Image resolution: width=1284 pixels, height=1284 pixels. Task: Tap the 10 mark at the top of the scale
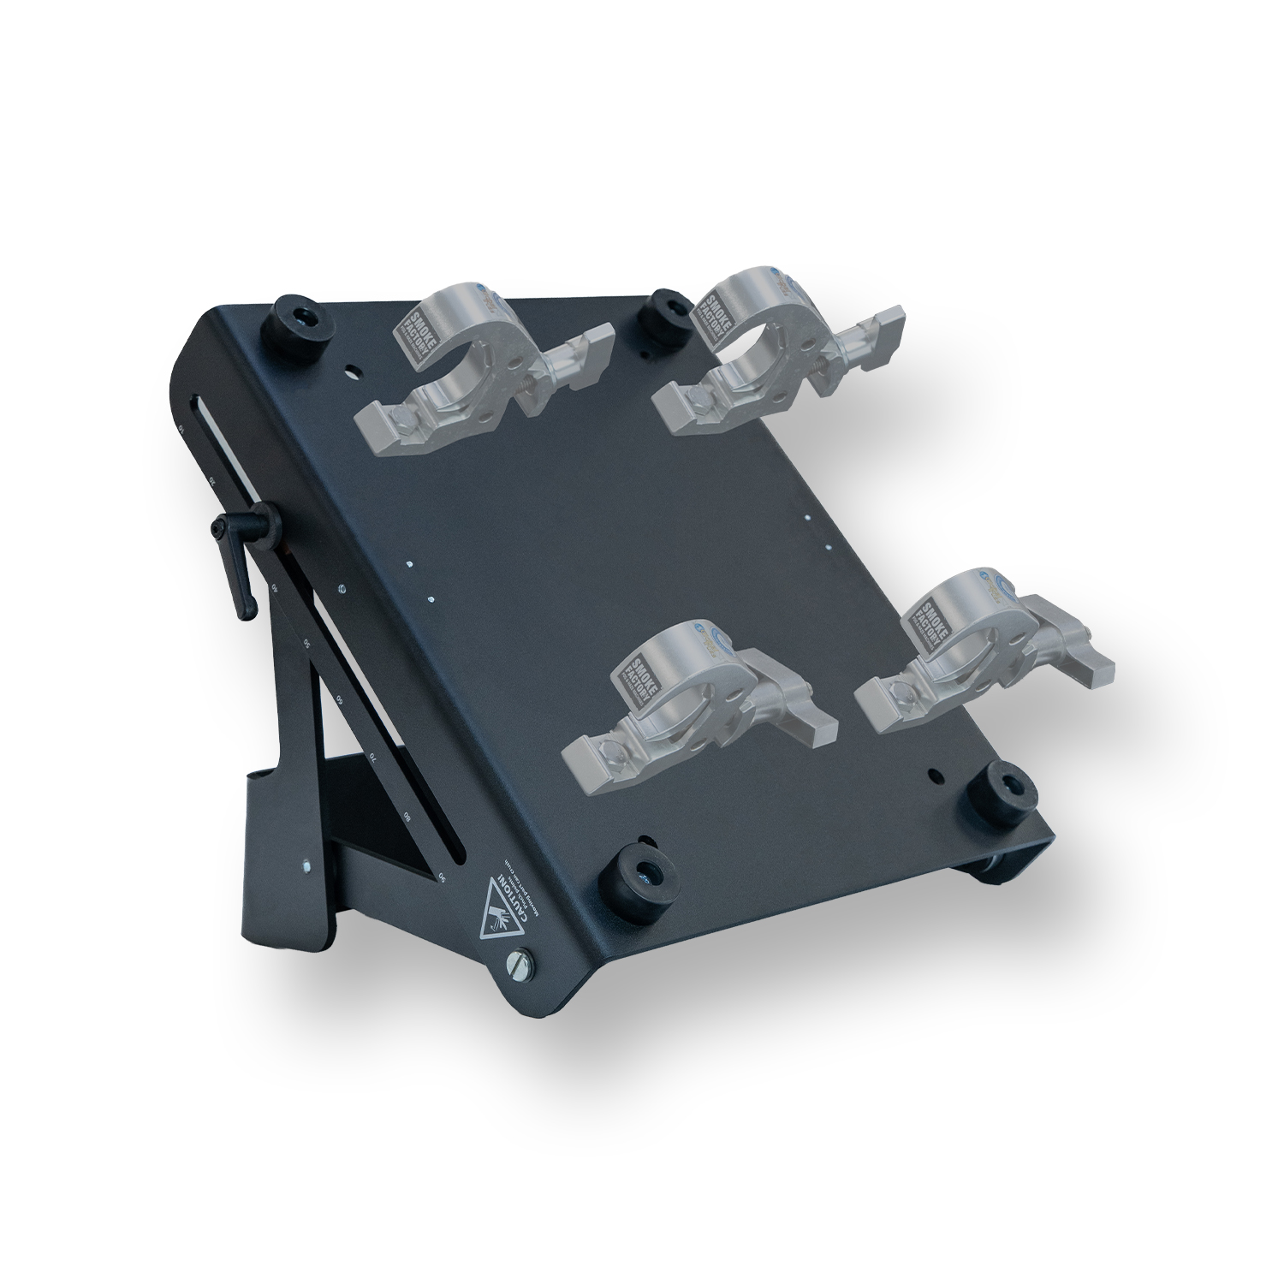[x=181, y=427]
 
